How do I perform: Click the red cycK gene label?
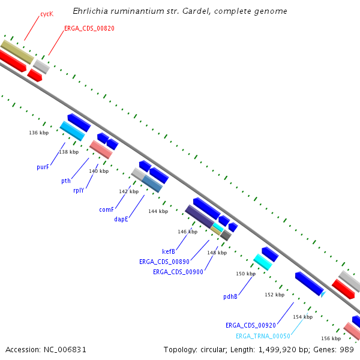click(x=47, y=13)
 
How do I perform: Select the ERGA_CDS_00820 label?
click(x=89, y=28)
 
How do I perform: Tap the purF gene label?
click(x=43, y=167)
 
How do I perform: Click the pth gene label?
click(x=66, y=181)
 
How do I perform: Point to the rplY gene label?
click(x=79, y=190)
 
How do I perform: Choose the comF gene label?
click(x=106, y=210)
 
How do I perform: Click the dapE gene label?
click(x=121, y=220)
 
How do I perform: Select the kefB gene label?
click(x=169, y=251)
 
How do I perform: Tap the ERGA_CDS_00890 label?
click(x=164, y=262)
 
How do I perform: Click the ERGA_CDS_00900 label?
click(x=178, y=272)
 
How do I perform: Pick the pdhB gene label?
click(x=230, y=296)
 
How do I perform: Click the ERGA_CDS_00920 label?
click(x=251, y=325)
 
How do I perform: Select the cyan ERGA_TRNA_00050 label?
click(x=263, y=336)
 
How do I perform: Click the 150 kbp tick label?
click(x=245, y=274)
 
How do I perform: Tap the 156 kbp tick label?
click(x=331, y=338)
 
